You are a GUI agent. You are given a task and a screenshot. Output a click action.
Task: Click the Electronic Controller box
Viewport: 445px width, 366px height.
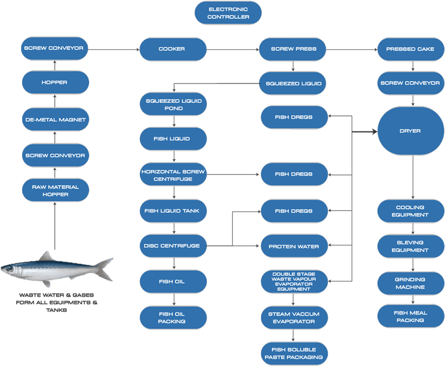coord(228,13)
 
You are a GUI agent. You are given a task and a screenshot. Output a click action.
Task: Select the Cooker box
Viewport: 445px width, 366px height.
coord(172,49)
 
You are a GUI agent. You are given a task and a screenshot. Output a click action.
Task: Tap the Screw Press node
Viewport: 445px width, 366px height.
coord(294,49)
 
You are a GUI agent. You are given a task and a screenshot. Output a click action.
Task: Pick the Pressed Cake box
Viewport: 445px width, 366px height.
coord(410,49)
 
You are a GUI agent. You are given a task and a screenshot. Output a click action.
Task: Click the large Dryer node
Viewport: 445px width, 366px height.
coord(410,131)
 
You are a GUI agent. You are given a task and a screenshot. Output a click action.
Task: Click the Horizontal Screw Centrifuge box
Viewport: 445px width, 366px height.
coord(173,175)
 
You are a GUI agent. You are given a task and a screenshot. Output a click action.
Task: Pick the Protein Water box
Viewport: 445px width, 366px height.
coord(294,246)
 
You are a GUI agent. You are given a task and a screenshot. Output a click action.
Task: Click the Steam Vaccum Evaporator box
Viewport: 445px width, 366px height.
coord(294,318)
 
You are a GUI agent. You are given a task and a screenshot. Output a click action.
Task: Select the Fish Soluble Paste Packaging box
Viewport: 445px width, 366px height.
coord(294,353)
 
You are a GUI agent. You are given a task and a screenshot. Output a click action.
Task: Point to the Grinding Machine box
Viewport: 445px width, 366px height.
coord(410,283)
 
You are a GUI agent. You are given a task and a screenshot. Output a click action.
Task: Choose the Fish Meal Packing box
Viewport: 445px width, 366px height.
coord(410,317)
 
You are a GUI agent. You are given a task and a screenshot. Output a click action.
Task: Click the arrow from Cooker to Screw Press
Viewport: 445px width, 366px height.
coord(232,49)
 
